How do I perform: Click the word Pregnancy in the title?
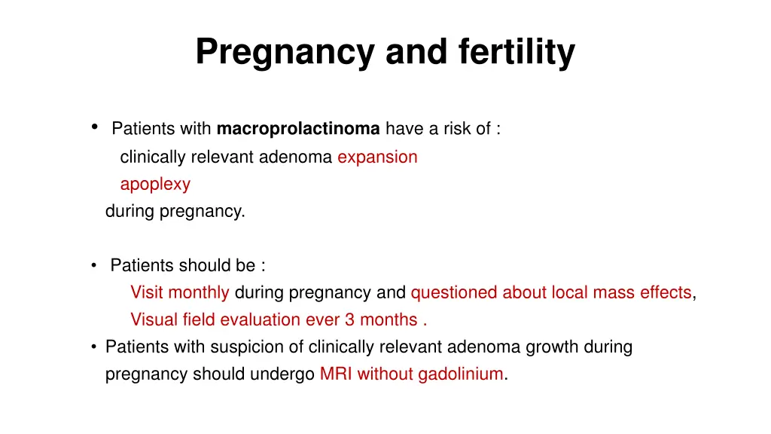285,53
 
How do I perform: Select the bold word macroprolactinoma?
298,129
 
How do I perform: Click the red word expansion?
377,157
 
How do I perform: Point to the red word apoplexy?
155,185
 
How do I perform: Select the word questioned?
454,292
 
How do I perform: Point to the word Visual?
153,319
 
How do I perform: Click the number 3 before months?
350,319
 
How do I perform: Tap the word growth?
558,347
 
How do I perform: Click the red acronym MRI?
336,374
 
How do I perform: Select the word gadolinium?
461,374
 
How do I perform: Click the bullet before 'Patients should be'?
93,265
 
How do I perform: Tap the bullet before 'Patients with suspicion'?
93,347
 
